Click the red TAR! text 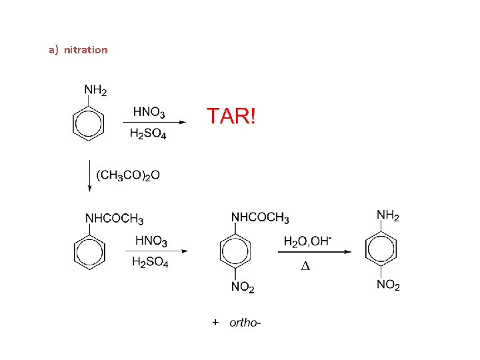click(230, 116)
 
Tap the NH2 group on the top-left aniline click(95, 90)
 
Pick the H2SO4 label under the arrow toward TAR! click(148, 134)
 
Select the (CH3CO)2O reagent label click(128, 175)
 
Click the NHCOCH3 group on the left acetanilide click(114, 219)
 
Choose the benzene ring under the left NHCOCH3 click(88, 251)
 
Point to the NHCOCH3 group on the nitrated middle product click(260, 217)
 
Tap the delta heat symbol click(305, 266)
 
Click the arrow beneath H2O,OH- click(313, 252)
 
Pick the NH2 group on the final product click(388, 215)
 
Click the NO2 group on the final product click(389, 285)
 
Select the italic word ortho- click(245, 323)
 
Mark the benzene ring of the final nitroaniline click(381, 249)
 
